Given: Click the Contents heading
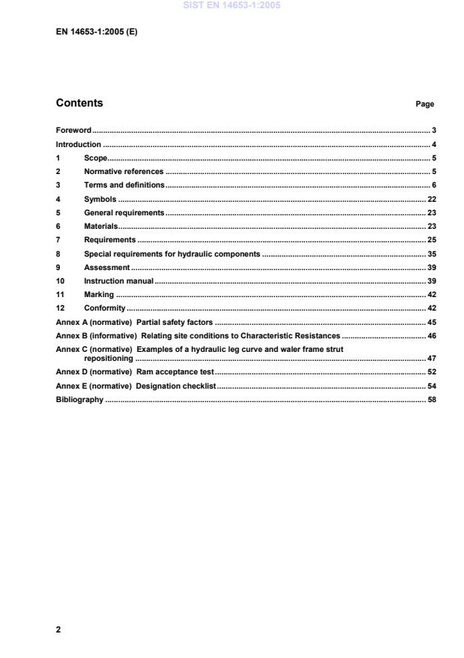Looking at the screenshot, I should click(79, 104).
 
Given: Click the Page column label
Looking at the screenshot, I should click(424, 104).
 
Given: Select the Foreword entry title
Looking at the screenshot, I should click(73, 131).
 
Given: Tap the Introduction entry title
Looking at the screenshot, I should click(79, 144).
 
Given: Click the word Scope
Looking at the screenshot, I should click(95, 158).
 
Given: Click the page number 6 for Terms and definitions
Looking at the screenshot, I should click(433, 185).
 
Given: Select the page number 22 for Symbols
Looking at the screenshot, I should click(431, 199).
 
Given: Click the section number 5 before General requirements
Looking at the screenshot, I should click(58, 213).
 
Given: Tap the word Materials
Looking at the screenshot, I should click(100, 227).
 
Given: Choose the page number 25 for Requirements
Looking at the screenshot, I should click(431, 240).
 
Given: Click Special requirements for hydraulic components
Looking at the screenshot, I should click(172, 254).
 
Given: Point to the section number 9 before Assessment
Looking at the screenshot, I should click(58, 268).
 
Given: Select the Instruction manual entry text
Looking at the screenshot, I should click(118, 281).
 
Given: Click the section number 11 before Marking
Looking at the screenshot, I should click(60, 295).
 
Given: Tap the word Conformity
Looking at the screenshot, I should click(104, 309).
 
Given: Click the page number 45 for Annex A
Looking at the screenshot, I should click(431, 323).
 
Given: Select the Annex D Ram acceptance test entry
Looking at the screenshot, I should click(135, 372).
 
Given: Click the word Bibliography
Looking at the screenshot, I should click(79, 400).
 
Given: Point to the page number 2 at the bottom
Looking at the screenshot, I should click(58, 629).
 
